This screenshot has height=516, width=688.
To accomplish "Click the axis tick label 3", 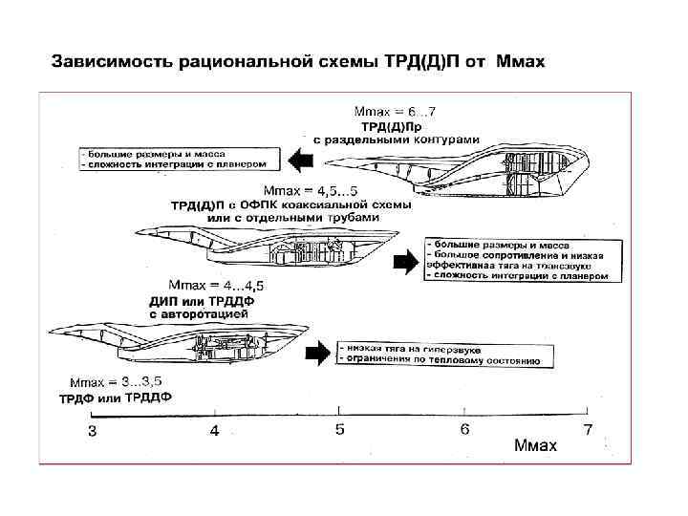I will point(92,431).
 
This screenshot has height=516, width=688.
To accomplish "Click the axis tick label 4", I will point(215,431).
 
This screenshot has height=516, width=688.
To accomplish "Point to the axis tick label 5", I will point(339,430).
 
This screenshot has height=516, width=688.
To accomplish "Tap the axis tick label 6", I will point(464,429).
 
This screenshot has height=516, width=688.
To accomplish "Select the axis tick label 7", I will point(588,429).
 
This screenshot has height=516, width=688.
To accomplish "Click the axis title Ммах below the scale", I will point(535,446).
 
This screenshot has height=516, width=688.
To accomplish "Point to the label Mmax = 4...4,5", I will point(217,285).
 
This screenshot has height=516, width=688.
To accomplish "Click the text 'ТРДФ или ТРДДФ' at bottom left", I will point(116,398).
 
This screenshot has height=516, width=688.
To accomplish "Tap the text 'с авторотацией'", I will point(200,312).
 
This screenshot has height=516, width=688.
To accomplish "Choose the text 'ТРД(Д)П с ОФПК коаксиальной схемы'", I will point(291,204).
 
